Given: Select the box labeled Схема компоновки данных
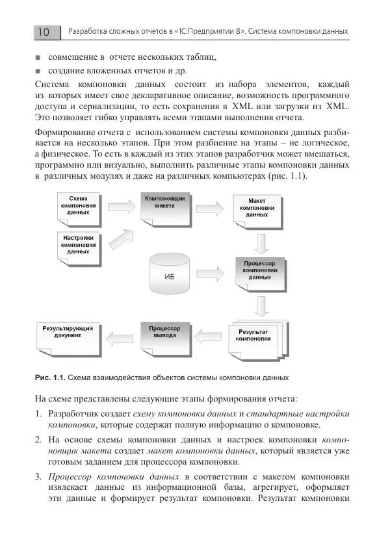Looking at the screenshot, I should pyautogui.click(x=77, y=205).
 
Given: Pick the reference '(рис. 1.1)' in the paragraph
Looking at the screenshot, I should pyautogui.click(x=285, y=176).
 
